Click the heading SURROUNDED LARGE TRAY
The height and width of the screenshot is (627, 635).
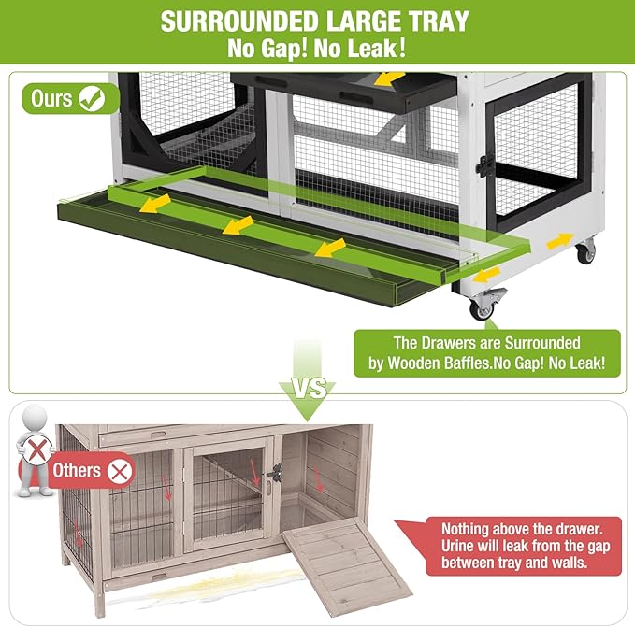coord(316,22)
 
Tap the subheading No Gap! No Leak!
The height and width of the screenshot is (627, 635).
coord(316,49)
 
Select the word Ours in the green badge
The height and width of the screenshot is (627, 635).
coord(53,97)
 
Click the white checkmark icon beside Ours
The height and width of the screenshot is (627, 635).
coord(92,97)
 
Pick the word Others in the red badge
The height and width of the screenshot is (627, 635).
coord(78,469)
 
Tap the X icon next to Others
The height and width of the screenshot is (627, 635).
coord(119,470)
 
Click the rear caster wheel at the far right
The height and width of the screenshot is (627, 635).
coord(584,250)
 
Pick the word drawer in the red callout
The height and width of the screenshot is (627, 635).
coord(579,527)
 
